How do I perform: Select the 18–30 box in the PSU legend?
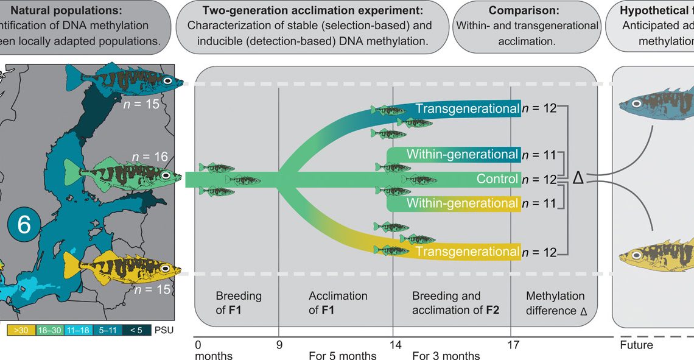(50, 330)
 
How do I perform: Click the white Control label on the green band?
(499, 180)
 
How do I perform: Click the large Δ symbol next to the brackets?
(578, 178)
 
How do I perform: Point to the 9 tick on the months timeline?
(279, 345)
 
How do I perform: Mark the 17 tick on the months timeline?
(513, 345)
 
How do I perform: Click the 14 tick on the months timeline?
(396, 345)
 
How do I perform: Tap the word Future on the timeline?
(636, 345)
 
